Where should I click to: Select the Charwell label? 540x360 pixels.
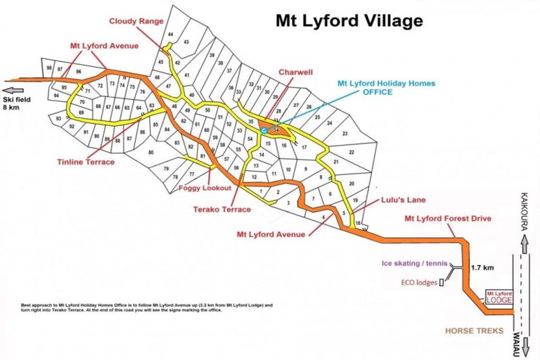pos(295,72)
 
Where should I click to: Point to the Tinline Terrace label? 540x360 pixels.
pos(86,162)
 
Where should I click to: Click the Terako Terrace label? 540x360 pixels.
pos(222,210)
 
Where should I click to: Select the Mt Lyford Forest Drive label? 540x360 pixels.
pos(447,218)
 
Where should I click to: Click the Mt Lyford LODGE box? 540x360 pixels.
pos(499,297)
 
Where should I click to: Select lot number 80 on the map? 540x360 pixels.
pos(150,153)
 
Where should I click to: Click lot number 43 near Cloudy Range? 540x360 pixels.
pos(186,42)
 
